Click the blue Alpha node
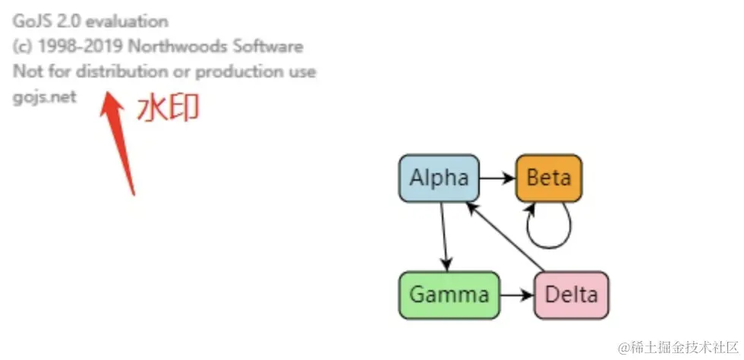coord(439,178)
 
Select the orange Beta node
coord(549,178)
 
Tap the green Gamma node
coord(449,294)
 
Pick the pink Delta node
coord(572,294)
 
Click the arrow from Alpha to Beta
coord(497,178)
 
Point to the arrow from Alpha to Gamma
coord(444,236)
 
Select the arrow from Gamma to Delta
coord(517,294)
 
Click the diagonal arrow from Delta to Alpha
coord(507,236)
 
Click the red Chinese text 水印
coord(168,109)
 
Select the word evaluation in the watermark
coord(128,21)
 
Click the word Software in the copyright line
coord(270,46)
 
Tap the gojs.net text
coord(45,97)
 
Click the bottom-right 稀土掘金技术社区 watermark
coord(679,347)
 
